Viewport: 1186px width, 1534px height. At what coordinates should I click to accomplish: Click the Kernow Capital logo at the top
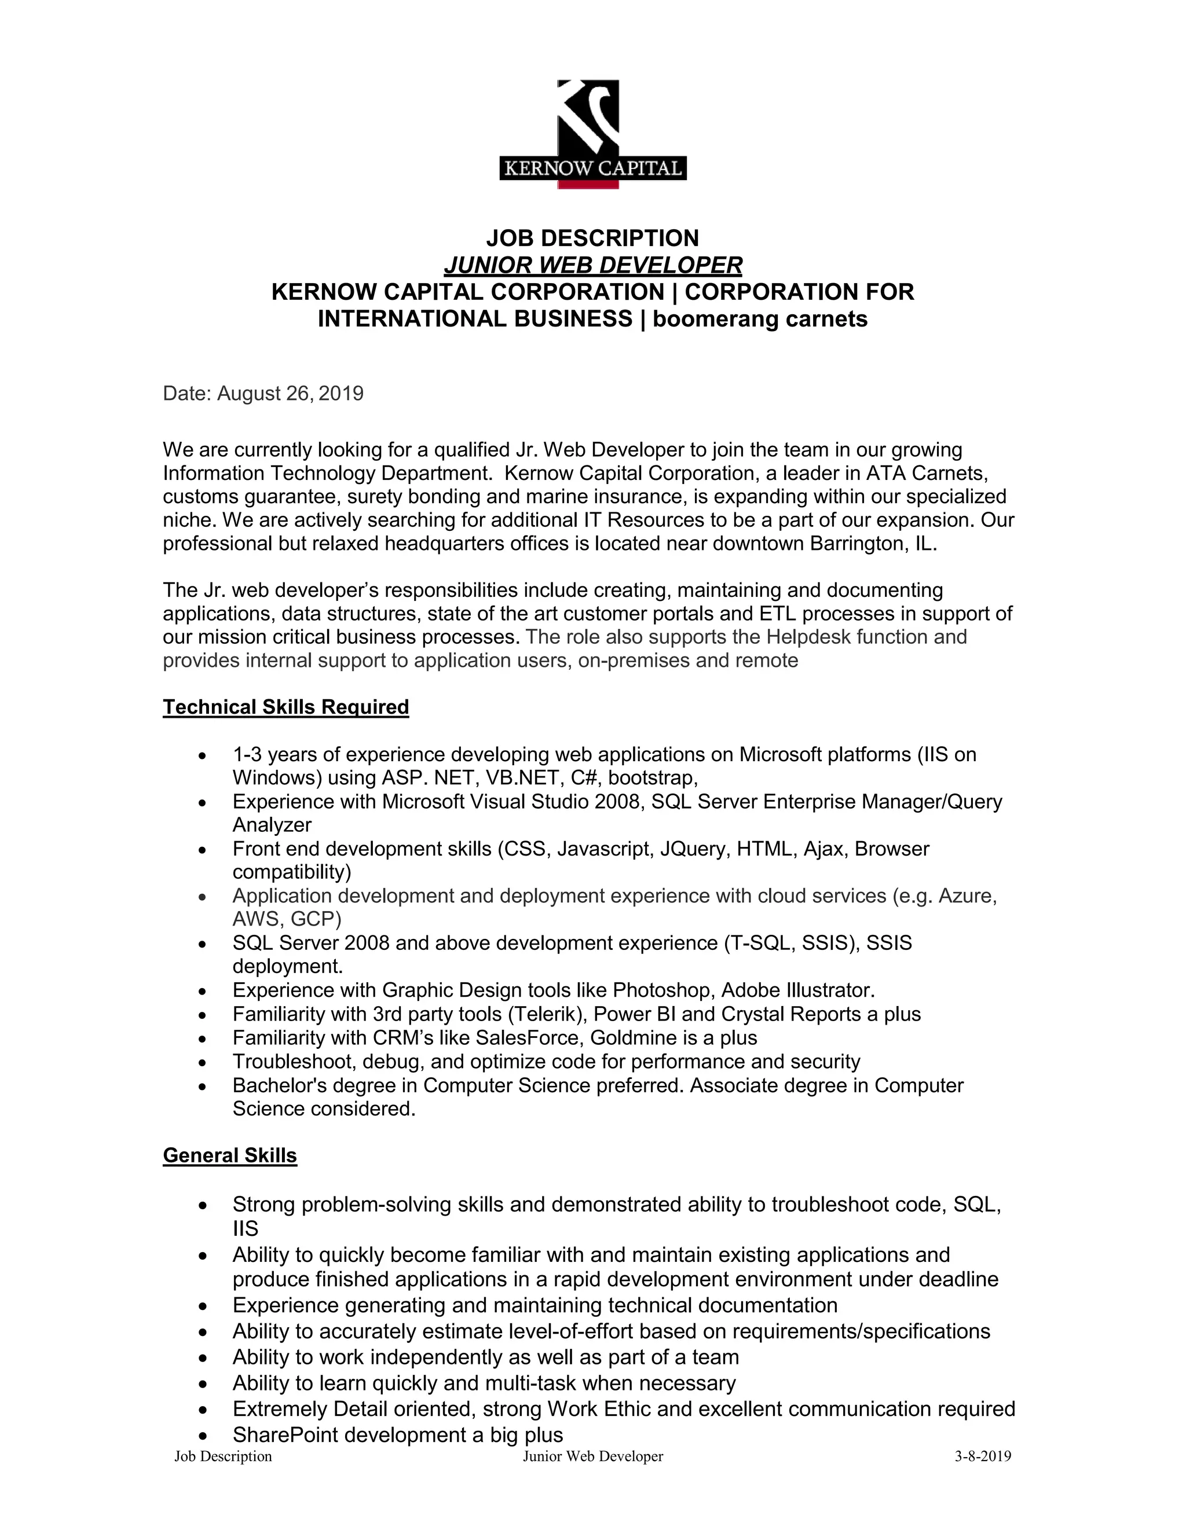(592, 134)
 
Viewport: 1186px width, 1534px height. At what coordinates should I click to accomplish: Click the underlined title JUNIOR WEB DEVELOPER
(592, 265)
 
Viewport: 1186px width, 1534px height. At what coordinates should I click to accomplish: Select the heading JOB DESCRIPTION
(592, 238)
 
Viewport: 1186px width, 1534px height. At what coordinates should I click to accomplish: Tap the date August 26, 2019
(290, 393)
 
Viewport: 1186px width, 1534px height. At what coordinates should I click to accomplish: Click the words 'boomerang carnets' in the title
(760, 319)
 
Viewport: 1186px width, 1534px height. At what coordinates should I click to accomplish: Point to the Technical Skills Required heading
(286, 707)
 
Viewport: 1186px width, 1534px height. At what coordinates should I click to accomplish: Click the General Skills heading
(230, 1155)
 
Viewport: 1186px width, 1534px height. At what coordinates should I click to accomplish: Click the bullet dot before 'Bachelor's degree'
(202, 1087)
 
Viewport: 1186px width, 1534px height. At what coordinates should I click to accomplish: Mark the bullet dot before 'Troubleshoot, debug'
(202, 1063)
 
